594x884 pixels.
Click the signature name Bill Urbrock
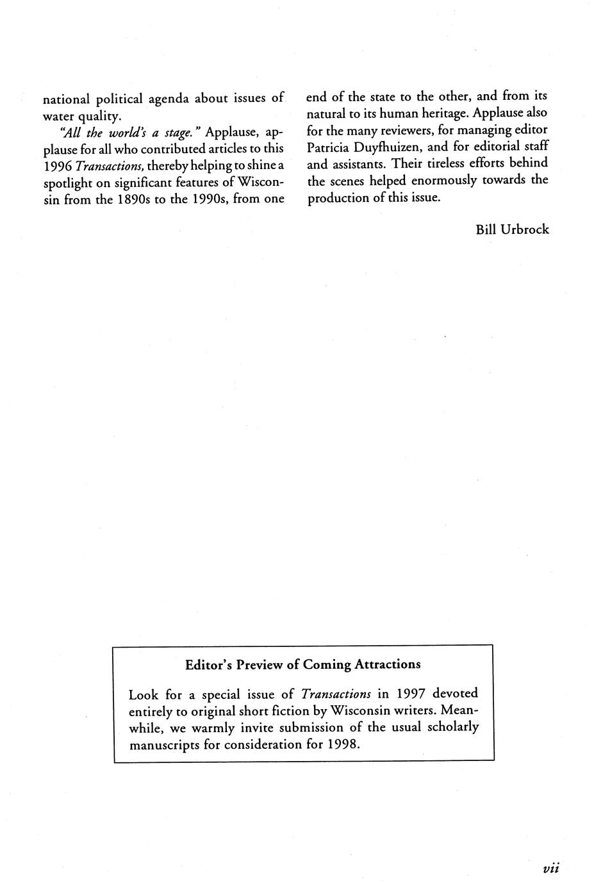pyautogui.click(x=512, y=229)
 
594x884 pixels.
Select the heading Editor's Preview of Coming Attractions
pyautogui.click(x=303, y=664)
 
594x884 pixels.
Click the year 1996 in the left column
pyautogui.click(x=57, y=165)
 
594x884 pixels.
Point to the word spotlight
pyautogui.click(x=70, y=183)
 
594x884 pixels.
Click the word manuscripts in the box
pyautogui.click(x=164, y=744)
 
